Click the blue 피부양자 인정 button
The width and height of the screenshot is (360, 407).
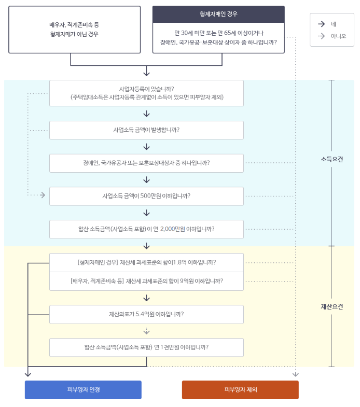tap(83, 389)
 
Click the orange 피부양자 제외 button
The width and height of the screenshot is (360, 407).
tap(240, 389)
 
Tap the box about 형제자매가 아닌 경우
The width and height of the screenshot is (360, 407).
tap(74, 30)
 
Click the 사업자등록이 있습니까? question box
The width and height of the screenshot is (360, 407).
tap(146, 93)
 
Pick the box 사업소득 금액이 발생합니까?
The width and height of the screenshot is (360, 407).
tap(146, 130)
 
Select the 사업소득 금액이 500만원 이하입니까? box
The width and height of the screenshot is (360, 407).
tap(146, 196)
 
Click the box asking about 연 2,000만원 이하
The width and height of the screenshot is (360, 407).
tap(146, 229)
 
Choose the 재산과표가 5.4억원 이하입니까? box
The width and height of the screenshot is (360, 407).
tap(146, 314)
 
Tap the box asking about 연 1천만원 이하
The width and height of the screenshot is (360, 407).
tap(146, 347)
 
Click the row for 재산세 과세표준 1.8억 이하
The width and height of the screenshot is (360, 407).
tap(146, 262)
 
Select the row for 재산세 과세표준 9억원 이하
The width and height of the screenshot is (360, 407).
tap(146, 281)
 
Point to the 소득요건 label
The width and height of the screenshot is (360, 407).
tap(332, 159)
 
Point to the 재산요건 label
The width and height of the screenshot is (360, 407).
tap(332, 306)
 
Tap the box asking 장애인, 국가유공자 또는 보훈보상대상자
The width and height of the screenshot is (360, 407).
tap(146, 163)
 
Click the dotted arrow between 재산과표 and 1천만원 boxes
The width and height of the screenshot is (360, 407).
tap(146, 331)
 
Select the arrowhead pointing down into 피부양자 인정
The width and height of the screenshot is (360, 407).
tap(28, 373)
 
